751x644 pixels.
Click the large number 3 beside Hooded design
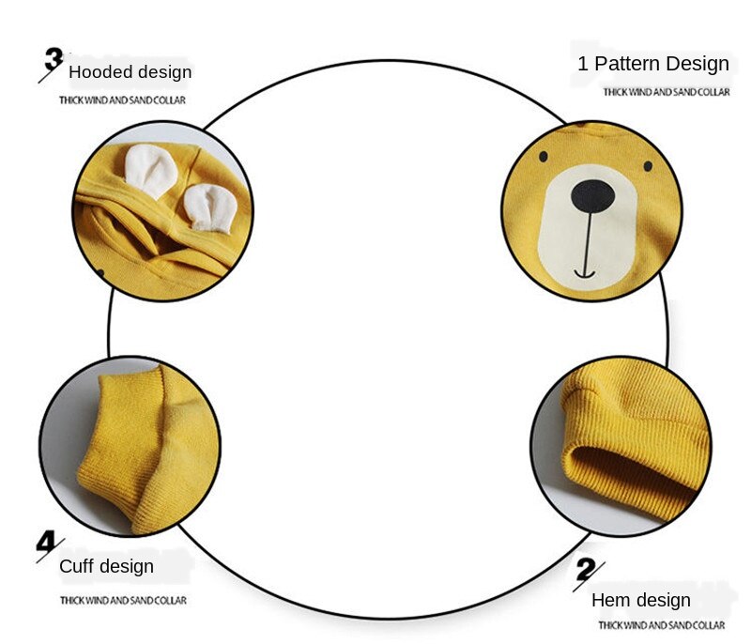54,62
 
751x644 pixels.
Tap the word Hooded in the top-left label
101,72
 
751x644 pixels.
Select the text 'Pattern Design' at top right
661,64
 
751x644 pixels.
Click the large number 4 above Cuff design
49,543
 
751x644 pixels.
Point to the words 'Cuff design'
106,566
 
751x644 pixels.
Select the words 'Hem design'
640,600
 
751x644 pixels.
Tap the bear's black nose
592,196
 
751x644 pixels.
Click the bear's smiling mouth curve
584,273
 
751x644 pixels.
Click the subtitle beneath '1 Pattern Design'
666,92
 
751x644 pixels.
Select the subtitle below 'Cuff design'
123,600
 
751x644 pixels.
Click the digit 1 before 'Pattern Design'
583,64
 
